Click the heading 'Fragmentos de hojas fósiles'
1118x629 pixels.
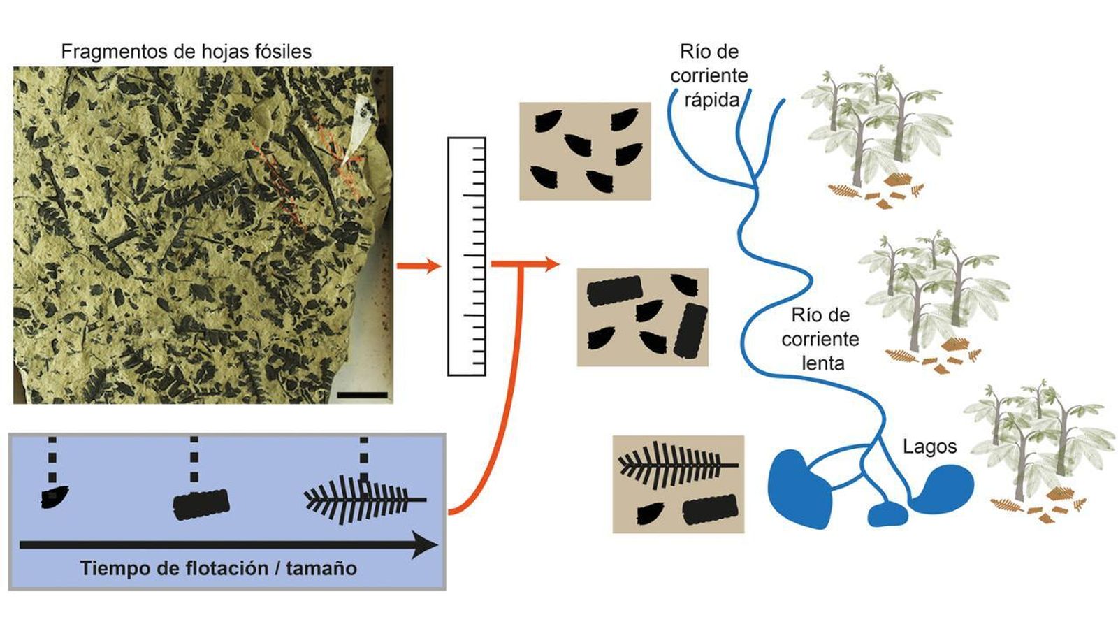186,52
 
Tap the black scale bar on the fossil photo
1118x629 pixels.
362,396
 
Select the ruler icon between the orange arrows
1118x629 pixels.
466,256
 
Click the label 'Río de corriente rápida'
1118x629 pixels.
709,75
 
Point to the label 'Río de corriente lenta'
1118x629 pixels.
820,339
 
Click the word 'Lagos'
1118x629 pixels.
929,447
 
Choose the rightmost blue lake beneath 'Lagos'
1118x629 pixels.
942,489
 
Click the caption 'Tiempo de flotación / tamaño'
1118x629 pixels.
218,568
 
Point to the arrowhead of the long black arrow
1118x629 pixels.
423,544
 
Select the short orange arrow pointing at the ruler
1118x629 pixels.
418,266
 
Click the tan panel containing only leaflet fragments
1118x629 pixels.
585,151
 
